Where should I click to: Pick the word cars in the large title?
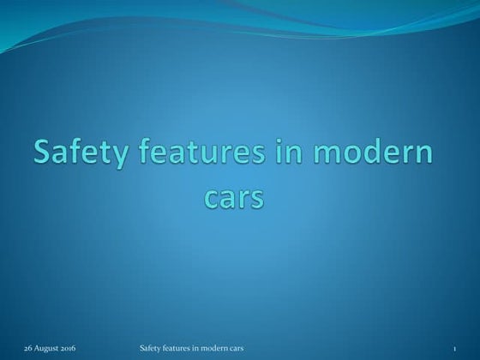[x=233, y=196]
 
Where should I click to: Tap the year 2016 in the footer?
[x=67, y=349]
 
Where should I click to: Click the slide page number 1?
[x=455, y=349]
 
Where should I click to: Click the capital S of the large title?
[x=43, y=156]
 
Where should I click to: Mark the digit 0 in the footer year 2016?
[x=64, y=349]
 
